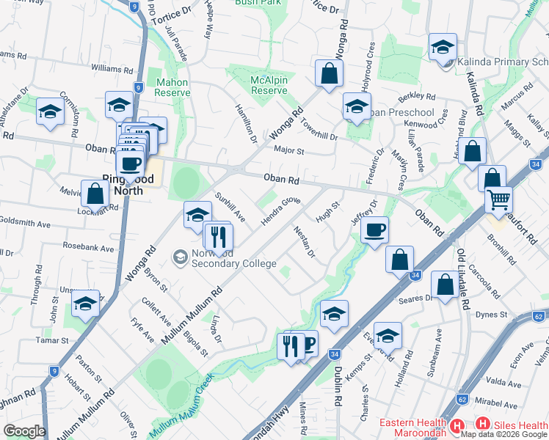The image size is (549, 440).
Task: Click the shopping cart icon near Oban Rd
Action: click(499, 198)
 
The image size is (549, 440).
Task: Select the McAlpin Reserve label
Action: click(269, 84)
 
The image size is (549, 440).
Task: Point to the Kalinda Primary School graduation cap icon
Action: click(443, 48)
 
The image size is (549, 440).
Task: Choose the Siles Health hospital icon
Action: click(482, 424)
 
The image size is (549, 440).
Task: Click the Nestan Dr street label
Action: click(304, 243)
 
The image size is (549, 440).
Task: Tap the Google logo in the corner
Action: click(25, 430)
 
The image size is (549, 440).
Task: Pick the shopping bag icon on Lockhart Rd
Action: click(95, 194)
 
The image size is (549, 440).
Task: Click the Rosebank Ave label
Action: click(87, 248)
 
